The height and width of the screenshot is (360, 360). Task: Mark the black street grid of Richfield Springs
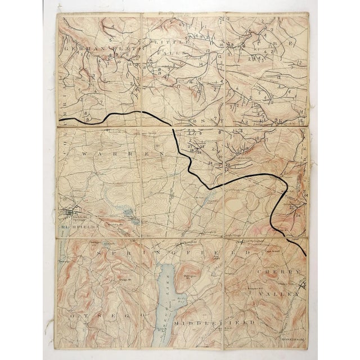pos(71,213)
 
